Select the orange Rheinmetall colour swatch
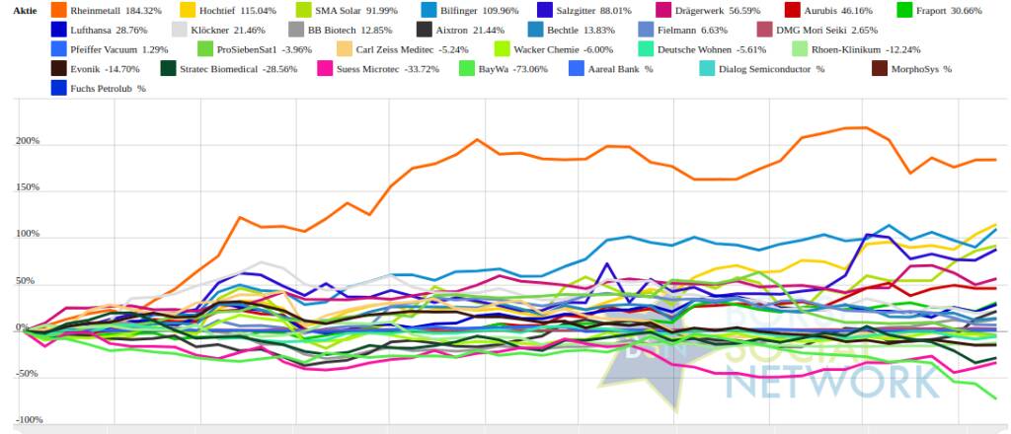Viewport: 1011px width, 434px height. [58, 9]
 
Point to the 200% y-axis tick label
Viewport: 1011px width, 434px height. [27, 141]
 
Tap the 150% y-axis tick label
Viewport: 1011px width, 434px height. [27, 187]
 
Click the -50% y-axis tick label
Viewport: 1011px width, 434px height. [27, 374]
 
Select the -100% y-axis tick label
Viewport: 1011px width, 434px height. [25, 420]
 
